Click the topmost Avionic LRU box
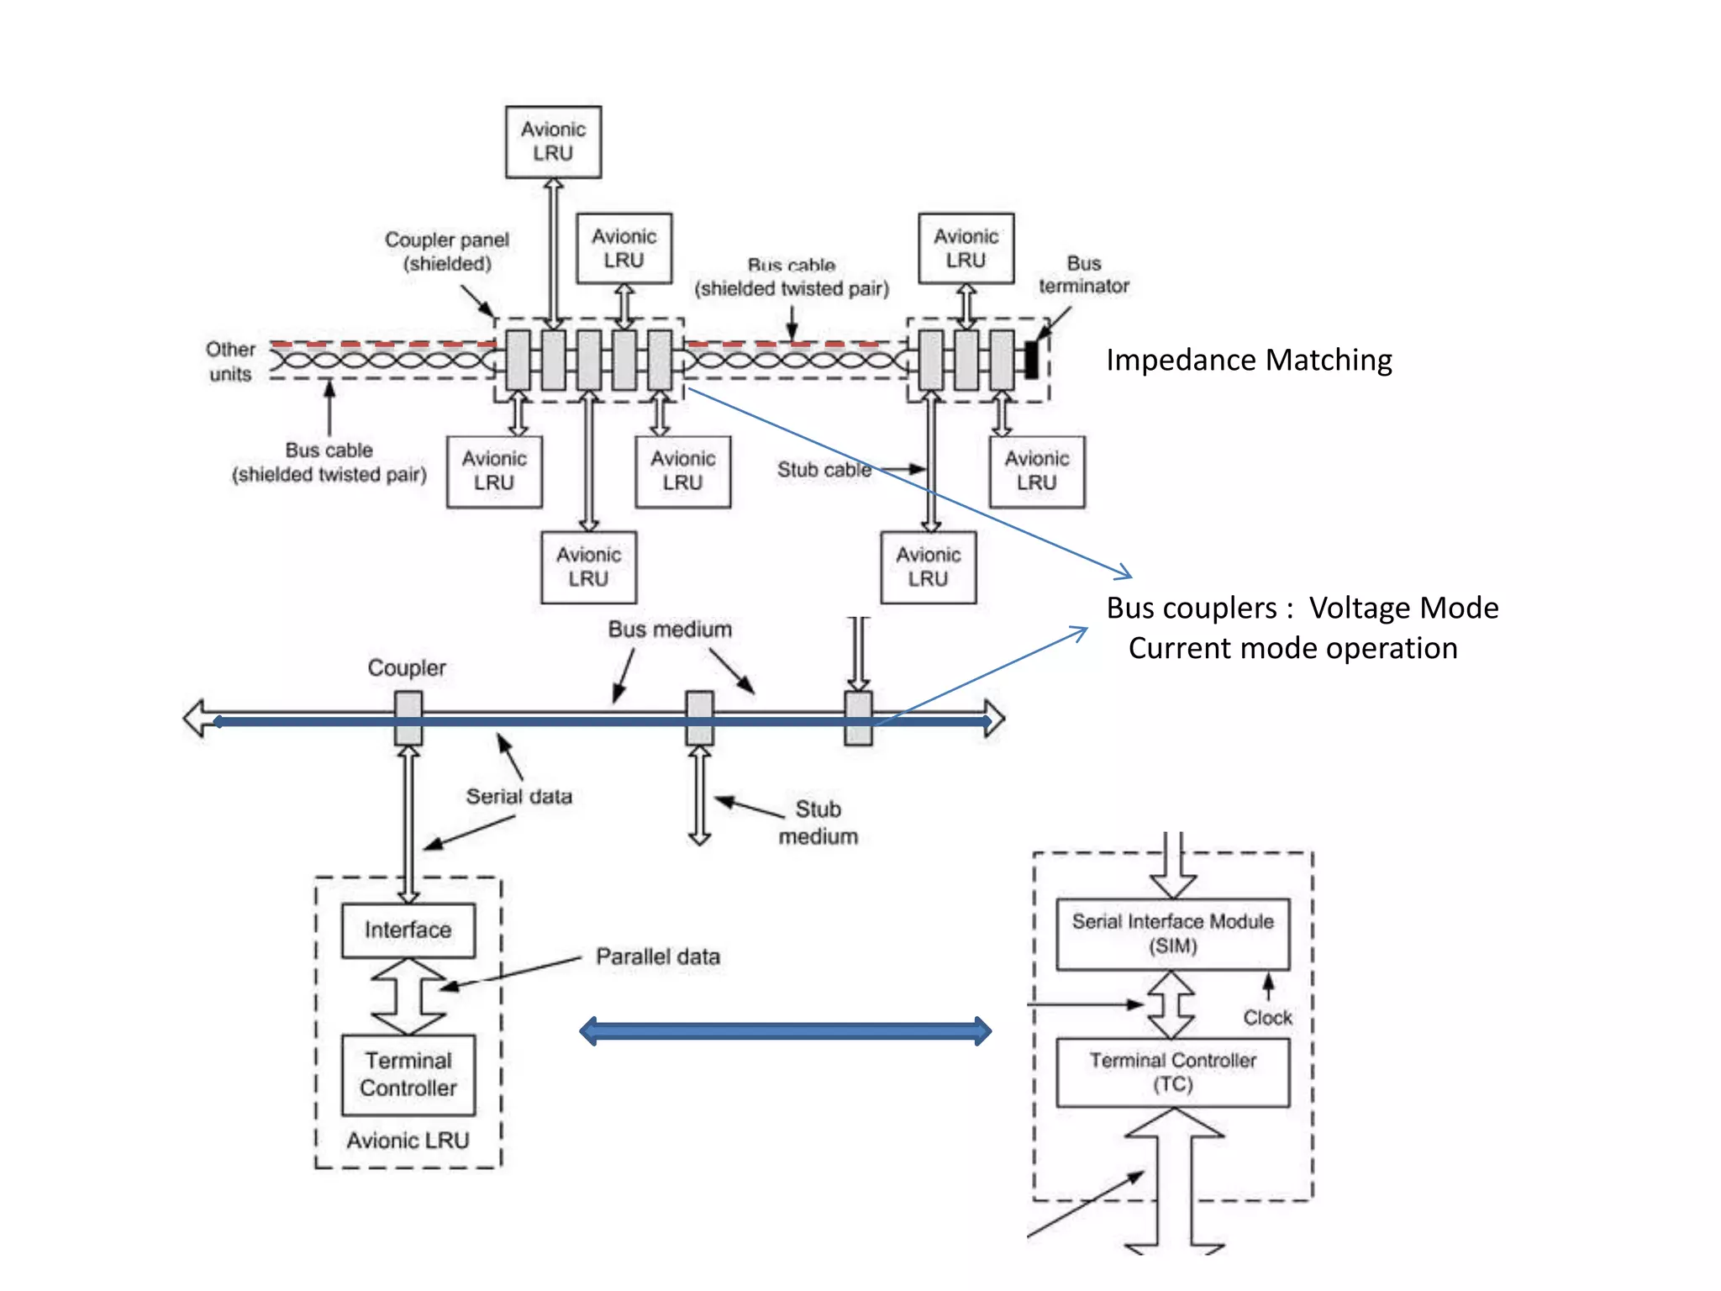pos(553,141)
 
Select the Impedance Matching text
pos(1249,360)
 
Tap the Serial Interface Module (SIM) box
pos(1172,934)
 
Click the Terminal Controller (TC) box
pos(1172,1072)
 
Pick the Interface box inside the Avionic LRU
pos(408,930)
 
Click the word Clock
pos(1267,1018)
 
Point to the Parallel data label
pos(658,956)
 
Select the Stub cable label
pos(824,470)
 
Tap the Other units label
pos(230,361)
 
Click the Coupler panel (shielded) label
pos(447,251)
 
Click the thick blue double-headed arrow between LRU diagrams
pos(786,1030)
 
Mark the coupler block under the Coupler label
pos(408,718)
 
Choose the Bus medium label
pos(670,630)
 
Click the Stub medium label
pos(818,823)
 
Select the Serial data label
pos(518,796)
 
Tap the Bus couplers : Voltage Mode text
pos(1302,608)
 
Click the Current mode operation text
pos(1292,648)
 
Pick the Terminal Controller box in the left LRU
pos(408,1074)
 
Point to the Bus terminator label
pos(1083,275)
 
